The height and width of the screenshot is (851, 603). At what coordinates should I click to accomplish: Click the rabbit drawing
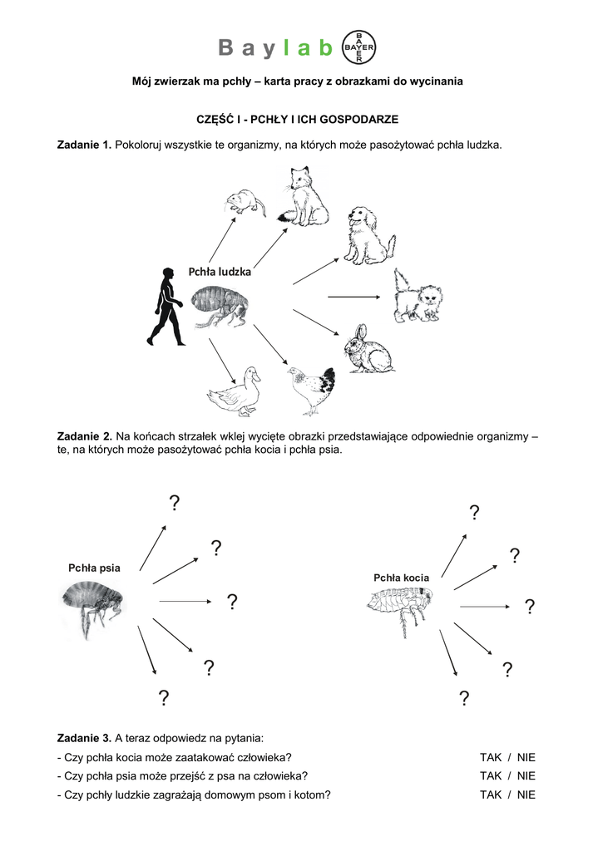(x=368, y=350)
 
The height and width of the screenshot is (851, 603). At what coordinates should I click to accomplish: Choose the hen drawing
(x=313, y=388)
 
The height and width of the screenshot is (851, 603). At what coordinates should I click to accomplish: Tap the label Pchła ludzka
(x=220, y=271)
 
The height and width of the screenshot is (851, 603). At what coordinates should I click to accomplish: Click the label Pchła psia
(x=94, y=568)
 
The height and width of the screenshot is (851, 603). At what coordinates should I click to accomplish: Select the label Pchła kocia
(x=401, y=577)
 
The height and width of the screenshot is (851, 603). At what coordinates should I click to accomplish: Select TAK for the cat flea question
(x=491, y=757)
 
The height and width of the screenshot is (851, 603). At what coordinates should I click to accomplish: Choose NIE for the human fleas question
(x=526, y=794)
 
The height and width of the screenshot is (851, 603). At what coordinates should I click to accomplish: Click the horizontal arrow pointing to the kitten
(x=353, y=296)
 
